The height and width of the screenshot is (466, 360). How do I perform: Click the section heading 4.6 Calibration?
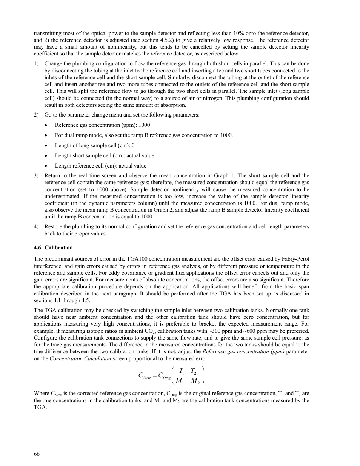coord(53,248)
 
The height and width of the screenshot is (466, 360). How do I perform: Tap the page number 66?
coord(37,454)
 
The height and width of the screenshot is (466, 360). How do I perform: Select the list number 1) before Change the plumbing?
coord(36,64)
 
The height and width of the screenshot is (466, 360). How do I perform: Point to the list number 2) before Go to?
coord(36,115)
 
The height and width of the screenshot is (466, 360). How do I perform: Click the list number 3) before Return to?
coord(36,176)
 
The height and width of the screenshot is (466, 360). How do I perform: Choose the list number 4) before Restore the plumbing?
coord(36,227)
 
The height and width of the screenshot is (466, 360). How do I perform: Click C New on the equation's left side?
coord(144,376)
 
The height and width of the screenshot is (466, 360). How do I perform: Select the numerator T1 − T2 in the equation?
coord(188,371)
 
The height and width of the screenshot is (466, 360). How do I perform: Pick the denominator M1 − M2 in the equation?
coord(188,381)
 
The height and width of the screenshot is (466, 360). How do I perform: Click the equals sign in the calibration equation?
coord(155,375)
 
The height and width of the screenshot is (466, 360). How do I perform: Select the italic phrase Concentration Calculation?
coord(80,358)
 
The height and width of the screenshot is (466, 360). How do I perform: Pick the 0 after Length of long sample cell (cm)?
coord(133,146)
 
